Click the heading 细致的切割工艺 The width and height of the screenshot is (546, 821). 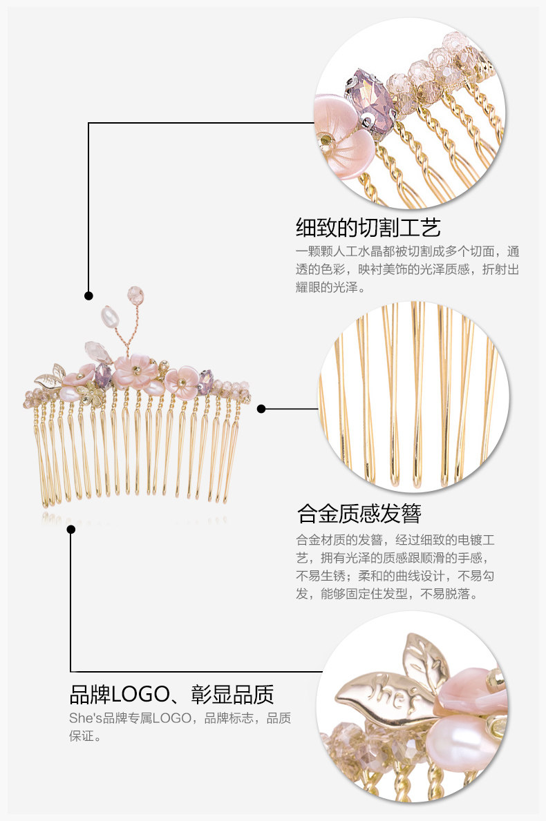pos(368,227)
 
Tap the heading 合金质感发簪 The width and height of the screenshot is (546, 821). pos(359,514)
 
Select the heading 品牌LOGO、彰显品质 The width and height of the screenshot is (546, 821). pos(172,693)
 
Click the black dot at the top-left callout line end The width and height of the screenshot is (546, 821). pos(88,296)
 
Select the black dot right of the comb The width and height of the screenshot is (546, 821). pos(261,409)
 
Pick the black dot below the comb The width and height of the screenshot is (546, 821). pos(70,530)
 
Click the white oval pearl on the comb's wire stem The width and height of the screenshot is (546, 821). pos(111,318)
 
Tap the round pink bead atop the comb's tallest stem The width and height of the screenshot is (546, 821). pos(135,296)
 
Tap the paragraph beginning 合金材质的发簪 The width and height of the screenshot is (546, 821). pos(395,566)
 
